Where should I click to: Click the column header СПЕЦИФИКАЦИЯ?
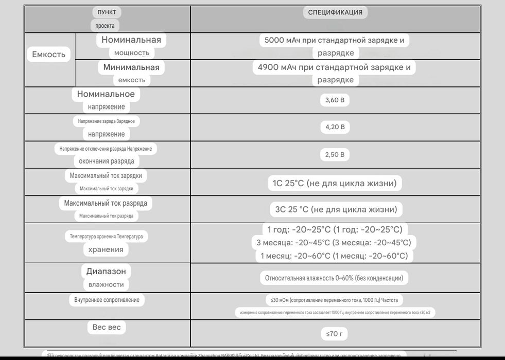pos(335,12)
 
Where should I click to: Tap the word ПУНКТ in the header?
pos(107,12)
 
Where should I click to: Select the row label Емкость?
pos(49,55)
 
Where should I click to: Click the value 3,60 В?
pos(335,100)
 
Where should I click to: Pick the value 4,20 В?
pos(335,127)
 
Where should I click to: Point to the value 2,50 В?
pos(335,154)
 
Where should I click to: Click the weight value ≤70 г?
pos(335,334)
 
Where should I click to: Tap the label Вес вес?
pos(107,327)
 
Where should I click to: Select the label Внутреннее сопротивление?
pos(107,300)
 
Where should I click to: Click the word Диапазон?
pos(106,271)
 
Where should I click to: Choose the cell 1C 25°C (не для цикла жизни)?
pos(335,183)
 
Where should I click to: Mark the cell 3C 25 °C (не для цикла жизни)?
pos(336,209)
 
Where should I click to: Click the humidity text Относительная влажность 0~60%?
pos(334,278)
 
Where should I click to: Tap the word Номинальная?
pos(131,40)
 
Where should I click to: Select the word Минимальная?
pos(131,67)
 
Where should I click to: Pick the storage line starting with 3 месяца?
pos(334,242)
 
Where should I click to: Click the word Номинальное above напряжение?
pos(106,94)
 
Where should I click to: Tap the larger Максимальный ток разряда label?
pos(106,203)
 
